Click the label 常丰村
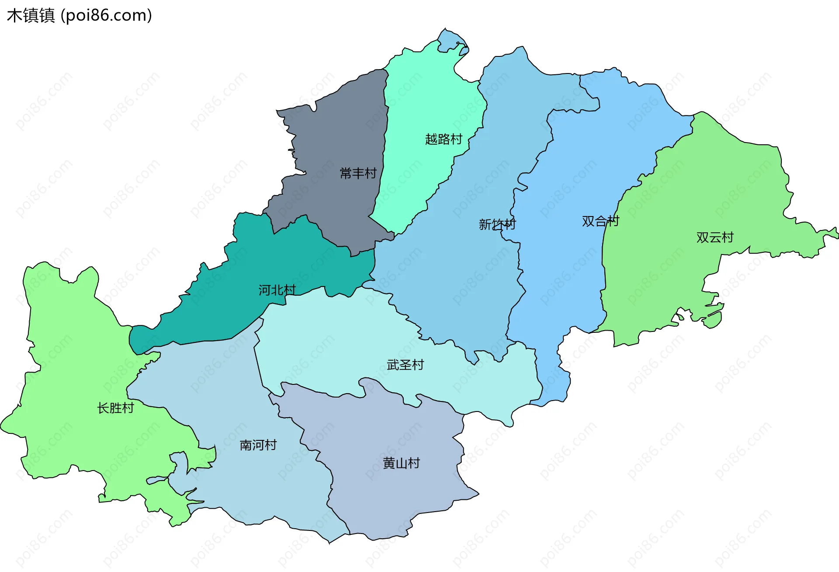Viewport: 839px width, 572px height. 358,174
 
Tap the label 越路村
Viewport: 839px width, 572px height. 444,140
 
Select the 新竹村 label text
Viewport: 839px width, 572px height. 497,225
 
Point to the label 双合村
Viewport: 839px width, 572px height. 600,221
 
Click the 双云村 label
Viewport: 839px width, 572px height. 714,237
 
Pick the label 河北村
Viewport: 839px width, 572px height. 277,290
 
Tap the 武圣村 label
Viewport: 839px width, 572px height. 405,365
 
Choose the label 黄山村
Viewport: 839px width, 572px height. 401,463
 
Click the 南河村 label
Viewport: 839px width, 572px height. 258,445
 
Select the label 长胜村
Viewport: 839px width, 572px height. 115,408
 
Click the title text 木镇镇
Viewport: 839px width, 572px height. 31,15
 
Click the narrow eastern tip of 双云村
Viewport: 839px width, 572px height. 830,234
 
